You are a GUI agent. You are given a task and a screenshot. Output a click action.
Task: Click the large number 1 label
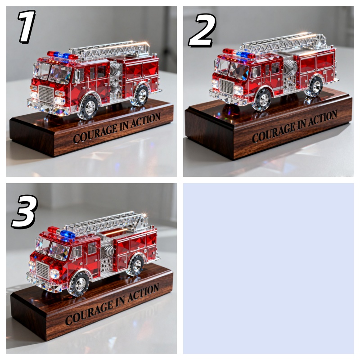pyautogui.click(x=27, y=27)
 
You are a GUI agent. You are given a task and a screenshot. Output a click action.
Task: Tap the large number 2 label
pyautogui.click(x=202, y=30)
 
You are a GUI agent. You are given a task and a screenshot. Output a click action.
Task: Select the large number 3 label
pyautogui.click(x=25, y=211)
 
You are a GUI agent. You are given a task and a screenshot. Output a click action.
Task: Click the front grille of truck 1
pyautogui.click(x=46, y=94)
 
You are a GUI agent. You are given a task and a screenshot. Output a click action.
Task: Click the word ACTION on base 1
pyautogui.click(x=145, y=120)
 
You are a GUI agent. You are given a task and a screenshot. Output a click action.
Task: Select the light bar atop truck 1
pyautogui.click(x=63, y=55)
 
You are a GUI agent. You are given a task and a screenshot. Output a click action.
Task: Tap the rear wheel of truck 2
pyautogui.click(x=316, y=85)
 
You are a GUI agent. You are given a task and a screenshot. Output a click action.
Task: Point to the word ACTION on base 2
pyautogui.click(x=323, y=119)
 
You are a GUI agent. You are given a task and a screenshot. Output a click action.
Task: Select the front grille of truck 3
pyautogui.click(x=43, y=270)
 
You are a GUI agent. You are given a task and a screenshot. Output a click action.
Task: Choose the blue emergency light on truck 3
pyautogui.click(x=68, y=234)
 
